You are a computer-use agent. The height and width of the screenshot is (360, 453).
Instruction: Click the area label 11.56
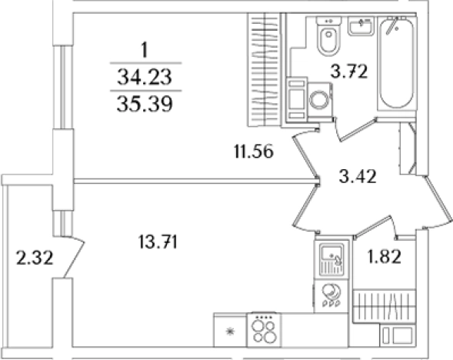click(x=254, y=152)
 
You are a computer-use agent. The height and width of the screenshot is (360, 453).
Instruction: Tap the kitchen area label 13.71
click(x=158, y=242)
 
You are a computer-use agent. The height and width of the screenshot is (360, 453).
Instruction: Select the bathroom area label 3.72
click(x=349, y=72)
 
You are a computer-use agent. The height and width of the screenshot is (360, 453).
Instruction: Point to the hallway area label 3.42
click(x=358, y=176)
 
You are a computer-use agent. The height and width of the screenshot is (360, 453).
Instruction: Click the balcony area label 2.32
click(x=35, y=258)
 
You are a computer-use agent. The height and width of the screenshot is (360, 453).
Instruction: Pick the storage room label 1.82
click(x=384, y=257)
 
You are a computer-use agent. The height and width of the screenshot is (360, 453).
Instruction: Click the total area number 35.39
click(x=145, y=104)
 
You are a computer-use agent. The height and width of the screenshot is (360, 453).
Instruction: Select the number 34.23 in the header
click(x=145, y=78)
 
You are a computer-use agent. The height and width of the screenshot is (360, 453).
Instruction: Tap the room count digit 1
click(x=145, y=50)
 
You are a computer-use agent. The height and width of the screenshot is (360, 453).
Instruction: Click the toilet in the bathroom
click(x=328, y=36)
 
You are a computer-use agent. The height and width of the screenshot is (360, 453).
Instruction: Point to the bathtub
click(x=396, y=63)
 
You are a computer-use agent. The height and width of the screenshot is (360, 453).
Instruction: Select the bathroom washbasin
click(x=361, y=26)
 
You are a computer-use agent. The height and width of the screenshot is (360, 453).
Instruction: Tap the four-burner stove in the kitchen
click(x=264, y=329)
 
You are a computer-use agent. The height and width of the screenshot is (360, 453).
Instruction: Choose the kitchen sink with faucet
click(x=332, y=259)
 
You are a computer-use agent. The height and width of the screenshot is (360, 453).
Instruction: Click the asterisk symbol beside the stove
click(x=230, y=332)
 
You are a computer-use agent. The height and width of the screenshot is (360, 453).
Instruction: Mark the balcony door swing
click(x=73, y=257)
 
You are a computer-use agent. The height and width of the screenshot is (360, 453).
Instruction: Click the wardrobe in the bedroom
click(x=264, y=70)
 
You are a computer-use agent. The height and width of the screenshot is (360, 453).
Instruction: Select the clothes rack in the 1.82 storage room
click(x=384, y=307)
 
